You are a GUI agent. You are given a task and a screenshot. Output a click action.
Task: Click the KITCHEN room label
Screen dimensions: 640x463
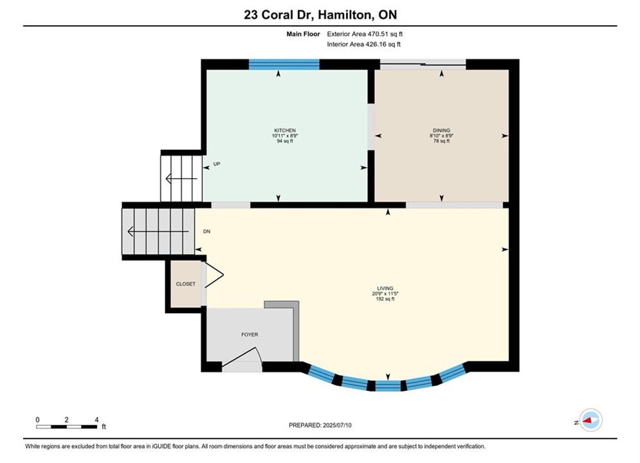(x=285, y=131)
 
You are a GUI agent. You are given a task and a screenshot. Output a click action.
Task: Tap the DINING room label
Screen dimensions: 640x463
(x=441, y=131)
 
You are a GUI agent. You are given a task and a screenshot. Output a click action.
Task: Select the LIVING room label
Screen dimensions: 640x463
(x=385, y=288)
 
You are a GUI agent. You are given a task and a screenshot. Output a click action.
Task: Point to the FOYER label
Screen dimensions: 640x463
(x=250, y=334)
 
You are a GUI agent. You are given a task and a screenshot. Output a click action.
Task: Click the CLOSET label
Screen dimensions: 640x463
(x=186, y=284)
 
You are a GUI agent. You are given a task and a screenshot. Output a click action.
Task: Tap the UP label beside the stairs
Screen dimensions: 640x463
(x=217, y=164)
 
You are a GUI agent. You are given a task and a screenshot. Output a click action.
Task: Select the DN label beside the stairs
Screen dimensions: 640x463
(x=207, y=232)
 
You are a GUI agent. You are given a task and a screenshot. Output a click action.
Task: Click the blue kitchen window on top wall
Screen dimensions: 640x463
(x=284, y=64)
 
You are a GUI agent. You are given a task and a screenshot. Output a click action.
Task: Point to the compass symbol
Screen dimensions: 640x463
(x=590, y=420)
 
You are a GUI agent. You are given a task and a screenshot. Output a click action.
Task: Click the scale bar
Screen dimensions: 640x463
(x=66, y=427)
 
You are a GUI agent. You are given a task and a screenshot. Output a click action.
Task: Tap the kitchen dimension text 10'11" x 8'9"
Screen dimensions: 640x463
(x=285, y=136)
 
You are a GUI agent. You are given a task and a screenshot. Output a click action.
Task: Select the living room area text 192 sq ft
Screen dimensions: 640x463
(x=385, y=299)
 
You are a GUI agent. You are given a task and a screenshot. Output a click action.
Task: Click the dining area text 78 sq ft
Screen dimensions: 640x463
(x=441, y=141)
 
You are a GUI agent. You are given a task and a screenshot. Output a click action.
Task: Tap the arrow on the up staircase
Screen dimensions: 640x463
(x=181, y=179)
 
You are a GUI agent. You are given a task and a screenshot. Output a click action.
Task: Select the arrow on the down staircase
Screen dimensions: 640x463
(x=158, y=232)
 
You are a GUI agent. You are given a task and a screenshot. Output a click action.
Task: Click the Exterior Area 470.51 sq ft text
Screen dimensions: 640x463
(x=365, y=34)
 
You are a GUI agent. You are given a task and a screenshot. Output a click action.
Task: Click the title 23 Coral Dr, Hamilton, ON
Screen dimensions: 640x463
(x=320, y=15)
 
